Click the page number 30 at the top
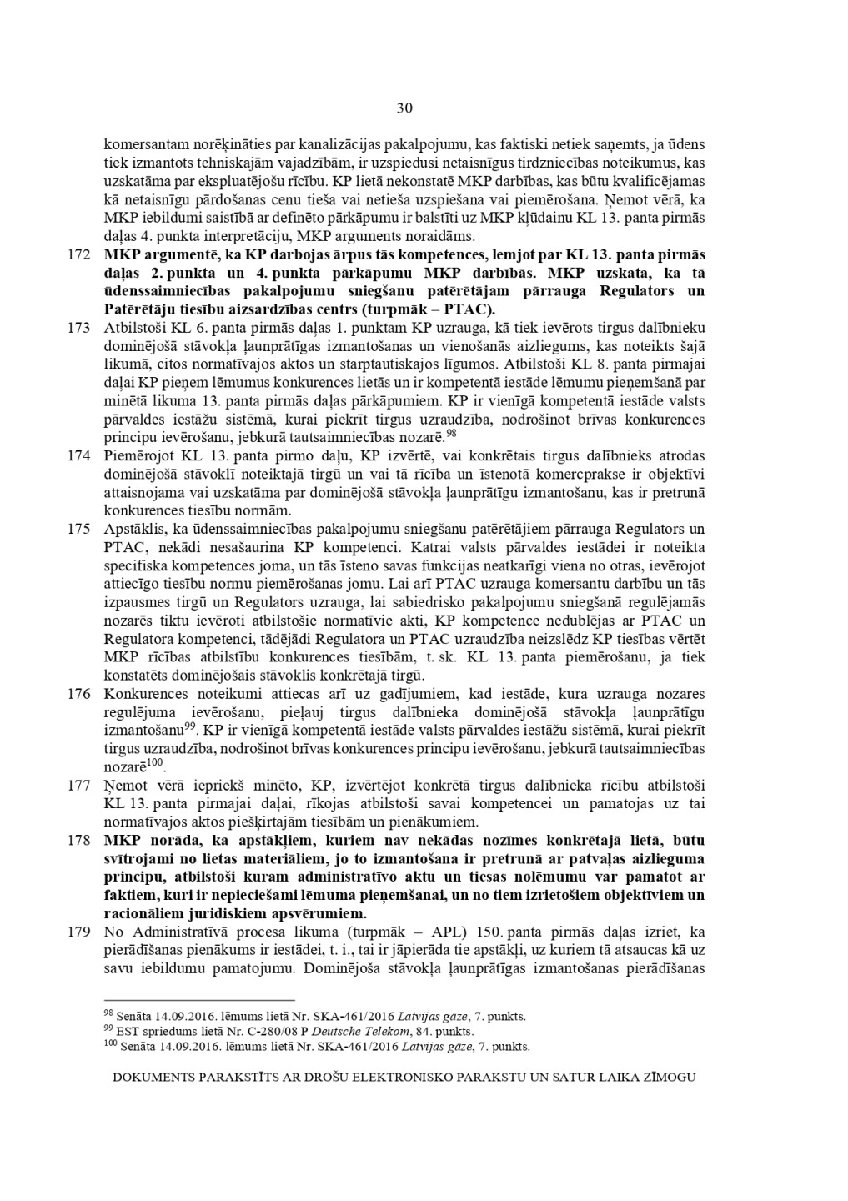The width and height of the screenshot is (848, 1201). [404, 108]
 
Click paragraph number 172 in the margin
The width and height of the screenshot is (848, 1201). [78, 254]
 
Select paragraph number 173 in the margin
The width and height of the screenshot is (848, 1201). [78, 328]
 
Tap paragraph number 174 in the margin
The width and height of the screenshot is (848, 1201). [78, 455]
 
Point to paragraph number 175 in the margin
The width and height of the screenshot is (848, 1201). [78, 529]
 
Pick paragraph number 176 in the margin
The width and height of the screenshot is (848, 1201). [78, 694]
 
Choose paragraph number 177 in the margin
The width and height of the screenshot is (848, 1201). [78, 785]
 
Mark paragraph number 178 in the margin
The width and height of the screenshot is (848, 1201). [78, 840]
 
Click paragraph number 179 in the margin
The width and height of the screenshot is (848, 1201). [78, 932]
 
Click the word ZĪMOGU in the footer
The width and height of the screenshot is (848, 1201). [669, 1077]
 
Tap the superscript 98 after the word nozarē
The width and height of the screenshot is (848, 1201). [451, 433]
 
